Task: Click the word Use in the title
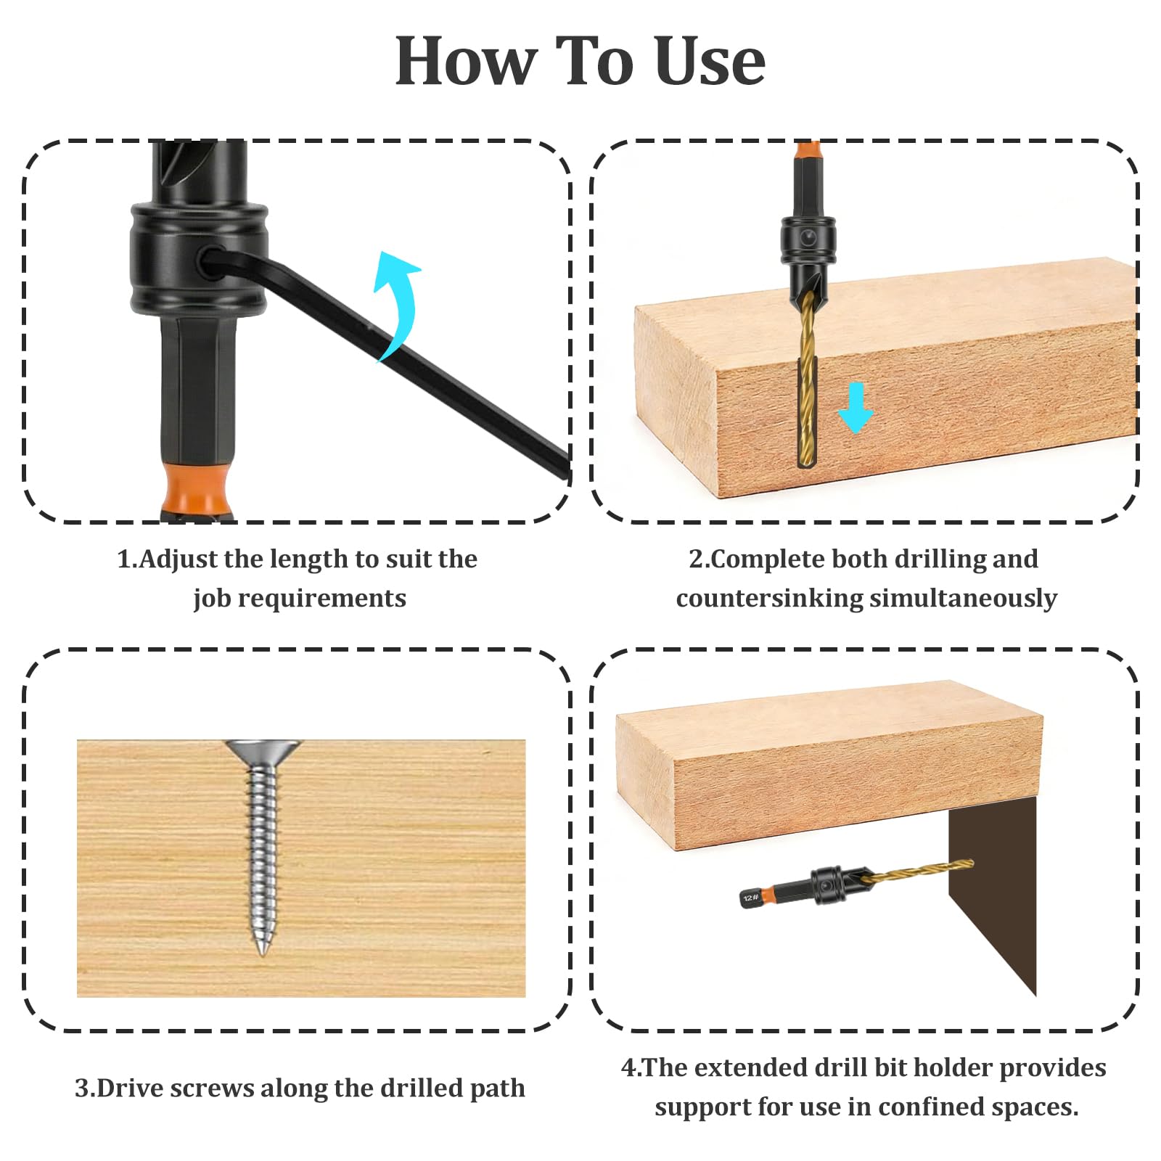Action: tap(710, 62)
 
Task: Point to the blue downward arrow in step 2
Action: tap(856, 409)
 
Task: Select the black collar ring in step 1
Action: tap(200, 261)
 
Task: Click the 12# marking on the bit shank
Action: tap(751, 898)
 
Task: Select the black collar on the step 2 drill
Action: tap(808, 241)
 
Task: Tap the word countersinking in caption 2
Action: tap(769, 599)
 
